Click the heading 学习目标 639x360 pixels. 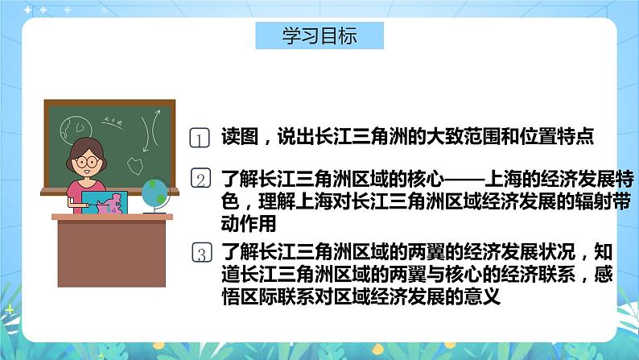[319, 37]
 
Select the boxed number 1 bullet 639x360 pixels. [200, 138]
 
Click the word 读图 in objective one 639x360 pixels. [236, 138]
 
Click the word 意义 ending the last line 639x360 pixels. [484, 296]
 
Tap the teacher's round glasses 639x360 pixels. [86, 162]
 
